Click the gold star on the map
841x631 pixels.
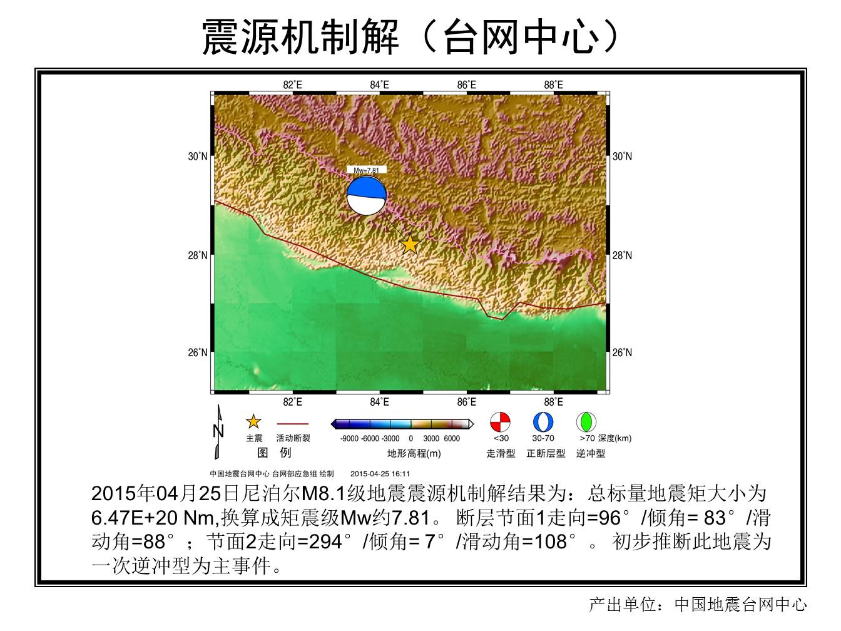[410, 244]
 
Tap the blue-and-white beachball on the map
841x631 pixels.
[366, 195]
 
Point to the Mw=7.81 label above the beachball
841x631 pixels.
[366, 170]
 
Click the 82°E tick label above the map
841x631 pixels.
[292, 85]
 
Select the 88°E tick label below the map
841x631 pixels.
[554, 402]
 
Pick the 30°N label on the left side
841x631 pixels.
[198, 156]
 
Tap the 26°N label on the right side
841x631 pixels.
[622, 352]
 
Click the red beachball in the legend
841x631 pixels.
[501, 422]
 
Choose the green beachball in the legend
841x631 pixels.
[586, 422]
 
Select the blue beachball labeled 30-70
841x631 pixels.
[543, 422]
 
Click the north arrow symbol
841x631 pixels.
[218, 432]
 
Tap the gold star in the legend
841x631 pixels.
[253, 421]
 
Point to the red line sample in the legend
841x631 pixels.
[293, 424]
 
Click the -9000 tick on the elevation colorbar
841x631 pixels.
[349, 439]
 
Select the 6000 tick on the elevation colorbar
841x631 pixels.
[452, 439]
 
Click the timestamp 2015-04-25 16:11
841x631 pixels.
[380, 474]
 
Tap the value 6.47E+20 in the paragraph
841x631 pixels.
[134, 518]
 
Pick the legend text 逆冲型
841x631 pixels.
[591, 454]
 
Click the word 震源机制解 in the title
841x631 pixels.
[301, 37]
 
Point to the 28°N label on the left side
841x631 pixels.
[198, 255]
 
